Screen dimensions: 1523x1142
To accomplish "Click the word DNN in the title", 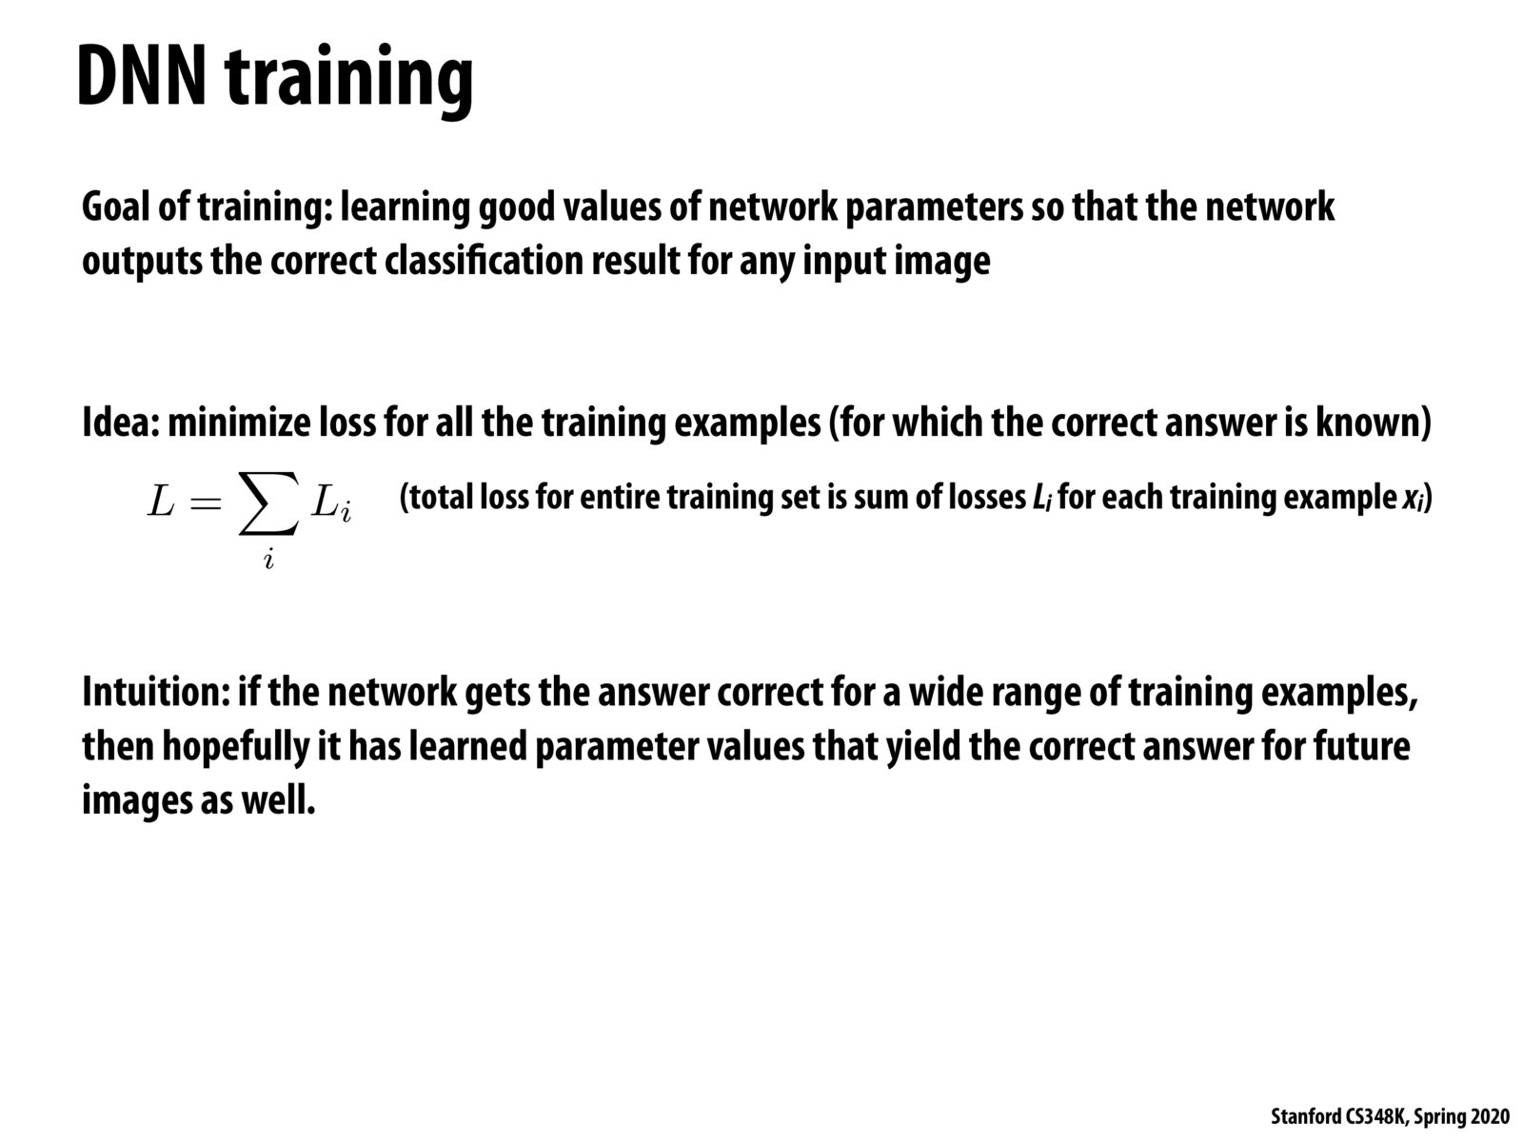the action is [142, 75].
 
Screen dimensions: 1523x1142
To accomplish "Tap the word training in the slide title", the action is [349, 81].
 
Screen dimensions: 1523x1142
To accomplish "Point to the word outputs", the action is [142, 263].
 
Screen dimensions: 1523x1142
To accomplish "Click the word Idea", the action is [121, 423].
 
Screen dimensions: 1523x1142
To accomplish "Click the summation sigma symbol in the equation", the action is [269, 503].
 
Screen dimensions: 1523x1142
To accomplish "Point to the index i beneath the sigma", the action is [268, 560].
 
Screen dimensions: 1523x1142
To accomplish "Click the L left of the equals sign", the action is [160, 502].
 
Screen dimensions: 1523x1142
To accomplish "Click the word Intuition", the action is [156, 691].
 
